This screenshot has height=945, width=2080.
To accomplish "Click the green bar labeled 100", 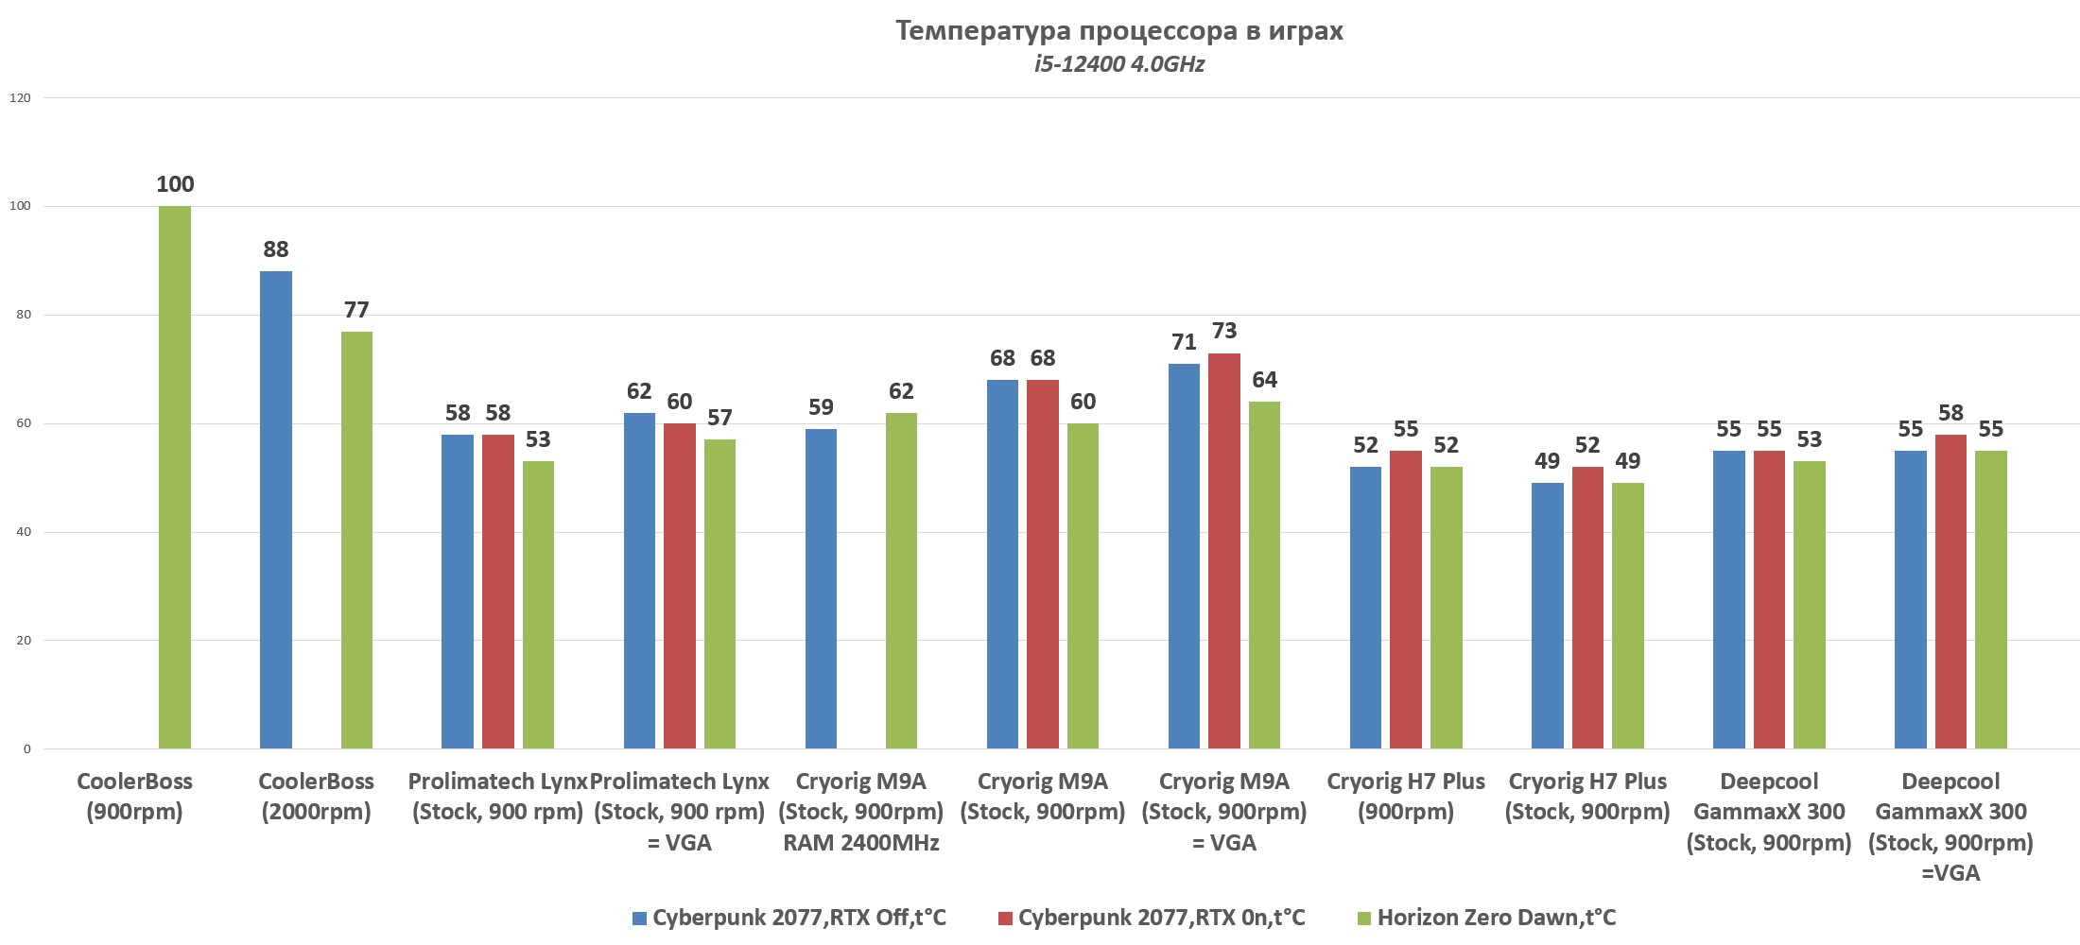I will (175, 477).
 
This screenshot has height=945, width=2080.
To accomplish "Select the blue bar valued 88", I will (276, 510).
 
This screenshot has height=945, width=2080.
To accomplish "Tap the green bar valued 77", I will (356, 541).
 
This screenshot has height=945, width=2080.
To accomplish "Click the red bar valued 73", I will (1224, 551).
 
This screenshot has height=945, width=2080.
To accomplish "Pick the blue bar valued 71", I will (1184, 557).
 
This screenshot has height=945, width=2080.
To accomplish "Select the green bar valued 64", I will (1264, 576).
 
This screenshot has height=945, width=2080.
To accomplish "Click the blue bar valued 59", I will (821, 589).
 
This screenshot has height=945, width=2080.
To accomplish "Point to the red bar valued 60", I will (680, 586).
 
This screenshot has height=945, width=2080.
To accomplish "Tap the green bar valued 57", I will (719, 594).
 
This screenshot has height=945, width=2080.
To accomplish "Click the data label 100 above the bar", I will (175, 184).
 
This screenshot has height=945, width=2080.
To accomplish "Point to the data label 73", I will (1224, 331).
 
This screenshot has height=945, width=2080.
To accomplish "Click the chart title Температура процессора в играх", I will (1118, 31).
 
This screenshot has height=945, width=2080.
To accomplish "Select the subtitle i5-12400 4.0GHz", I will (1118, 64).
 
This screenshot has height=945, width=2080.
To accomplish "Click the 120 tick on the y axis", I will (20, 97).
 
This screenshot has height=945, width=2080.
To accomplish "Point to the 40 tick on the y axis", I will (23, 532).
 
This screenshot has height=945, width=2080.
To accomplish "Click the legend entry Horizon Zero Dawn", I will (1496, 918).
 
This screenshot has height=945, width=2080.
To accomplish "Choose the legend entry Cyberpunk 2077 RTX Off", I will (799, 918).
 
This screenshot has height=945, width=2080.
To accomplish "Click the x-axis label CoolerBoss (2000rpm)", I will (316, 797).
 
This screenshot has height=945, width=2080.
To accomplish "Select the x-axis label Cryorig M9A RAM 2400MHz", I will (860, 812).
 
